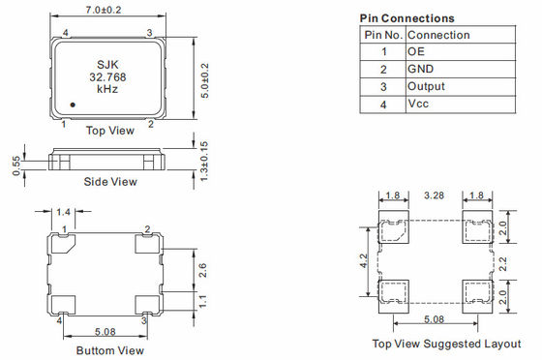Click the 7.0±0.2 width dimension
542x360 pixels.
(x=104, y=10)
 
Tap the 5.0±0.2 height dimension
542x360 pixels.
(x=204, y=80)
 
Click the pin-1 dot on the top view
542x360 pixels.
(x=73, y=105)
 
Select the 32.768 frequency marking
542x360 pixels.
(x=107, y=77)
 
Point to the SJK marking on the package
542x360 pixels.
(x=107, y=65)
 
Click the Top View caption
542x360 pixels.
(x=110, y=131)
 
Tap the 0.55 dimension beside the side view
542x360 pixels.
(x=16, y=165)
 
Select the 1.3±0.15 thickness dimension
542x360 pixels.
(x=204, y=161)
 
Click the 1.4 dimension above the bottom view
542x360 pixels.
(x=63, y=212)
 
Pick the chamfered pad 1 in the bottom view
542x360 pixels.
(x=63, y=244)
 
